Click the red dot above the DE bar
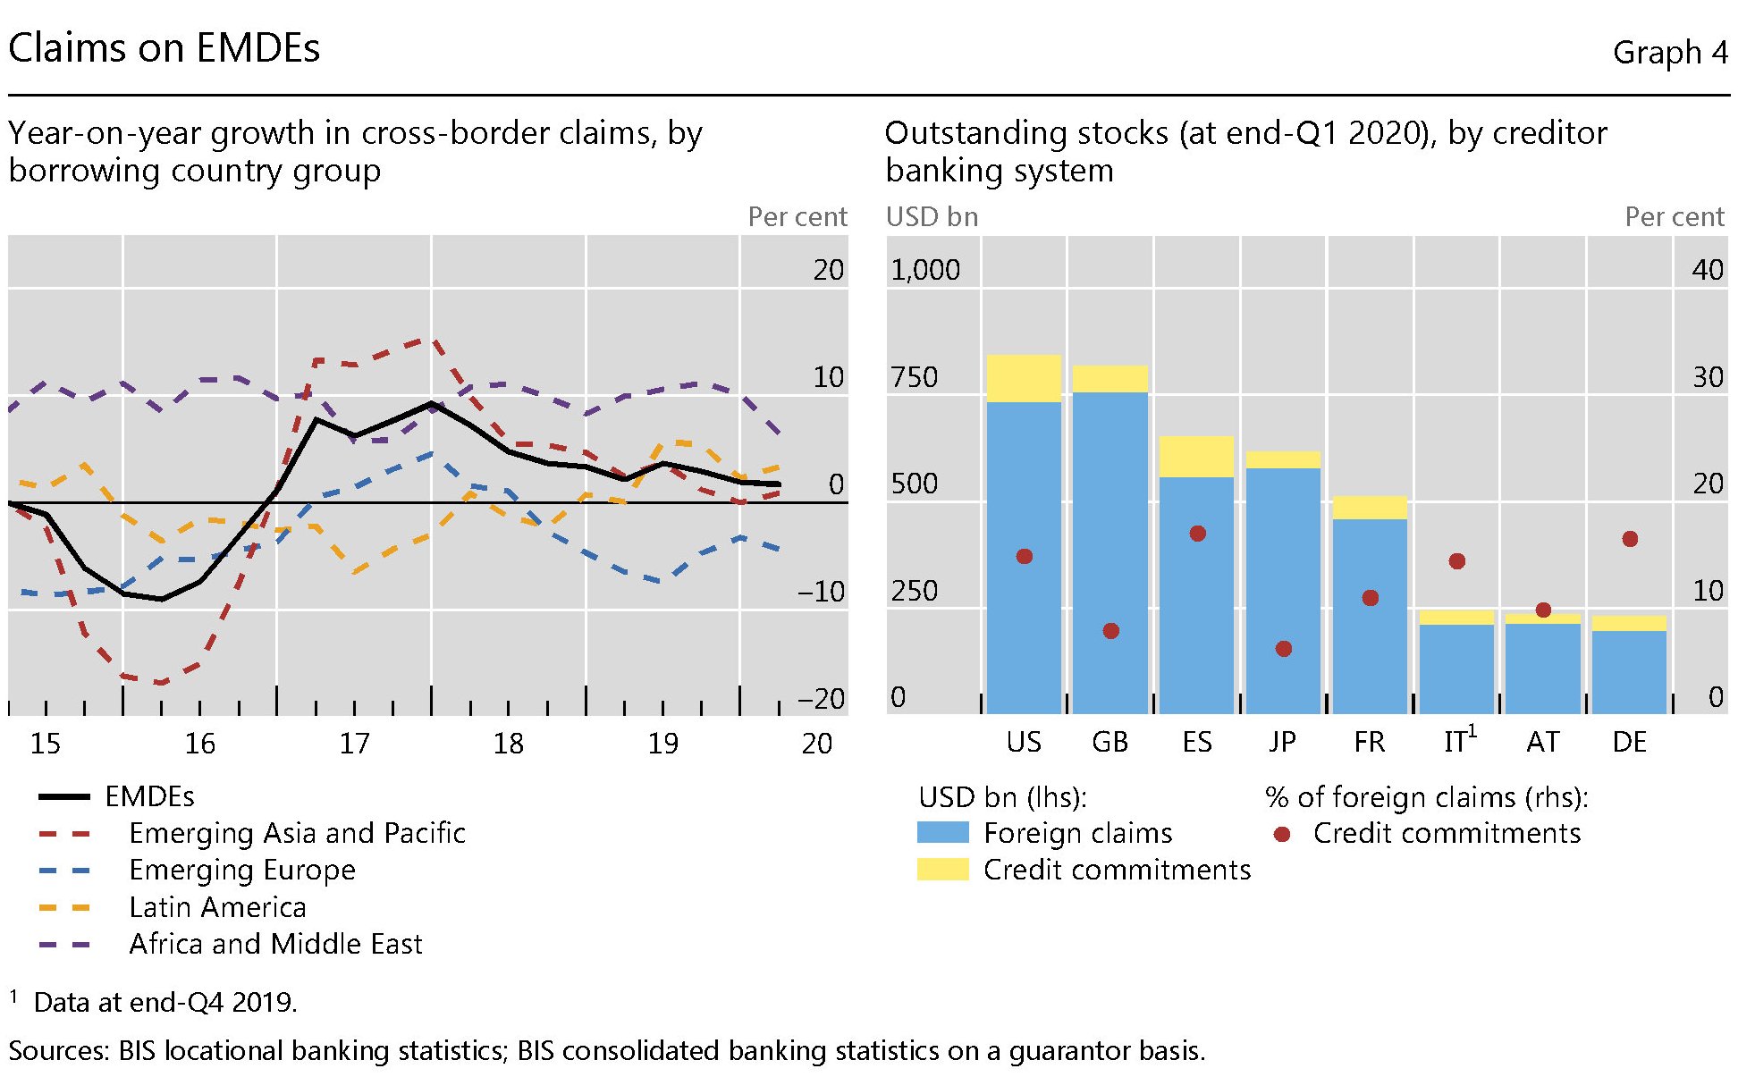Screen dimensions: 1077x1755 1630,539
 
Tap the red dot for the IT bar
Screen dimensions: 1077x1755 1456,561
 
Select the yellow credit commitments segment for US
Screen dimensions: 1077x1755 1024,378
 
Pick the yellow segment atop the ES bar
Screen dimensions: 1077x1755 1196,456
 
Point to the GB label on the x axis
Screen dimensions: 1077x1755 1110,742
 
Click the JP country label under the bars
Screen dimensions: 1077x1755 1282,742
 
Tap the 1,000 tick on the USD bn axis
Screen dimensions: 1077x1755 925,270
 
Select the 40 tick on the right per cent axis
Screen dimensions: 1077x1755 1707,270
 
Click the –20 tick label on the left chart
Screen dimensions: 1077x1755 821,698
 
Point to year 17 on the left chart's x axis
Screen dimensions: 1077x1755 354,744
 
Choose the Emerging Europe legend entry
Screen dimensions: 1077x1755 241,870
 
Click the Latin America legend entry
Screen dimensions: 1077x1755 217,907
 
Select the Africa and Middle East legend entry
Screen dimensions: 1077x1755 275,944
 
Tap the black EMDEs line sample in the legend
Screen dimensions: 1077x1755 64,796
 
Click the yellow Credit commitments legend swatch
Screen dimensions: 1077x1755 942,870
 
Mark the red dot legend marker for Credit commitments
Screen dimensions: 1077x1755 1282,834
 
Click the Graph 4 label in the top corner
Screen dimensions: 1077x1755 1669,53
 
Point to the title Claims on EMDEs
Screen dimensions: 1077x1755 164,48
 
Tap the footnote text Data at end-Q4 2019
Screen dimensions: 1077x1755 165,1002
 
